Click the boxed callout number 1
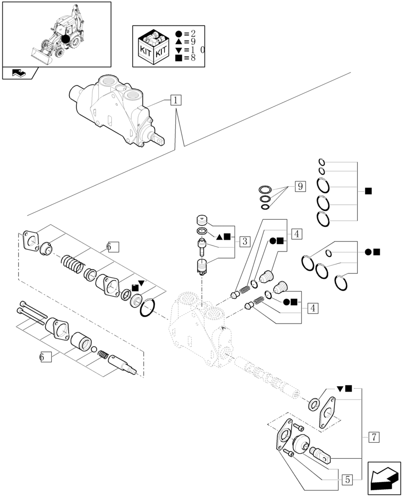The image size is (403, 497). [176, 100]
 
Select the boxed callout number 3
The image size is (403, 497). [244, 242]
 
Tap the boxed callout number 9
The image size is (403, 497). [300, 186]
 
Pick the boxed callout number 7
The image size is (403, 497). [374, 437]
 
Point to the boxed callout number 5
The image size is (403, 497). [347, 480]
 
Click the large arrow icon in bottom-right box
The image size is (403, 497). [384, 478]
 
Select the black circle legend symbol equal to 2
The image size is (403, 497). [179, 34]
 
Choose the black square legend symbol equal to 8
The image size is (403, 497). [179, 58]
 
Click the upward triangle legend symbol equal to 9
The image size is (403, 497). [179, 42]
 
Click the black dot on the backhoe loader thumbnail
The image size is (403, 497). [65, 39]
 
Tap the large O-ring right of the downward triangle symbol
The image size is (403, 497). [147, 307]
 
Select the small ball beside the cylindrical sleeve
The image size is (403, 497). [94, 349]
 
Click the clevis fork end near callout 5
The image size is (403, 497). [320, 454]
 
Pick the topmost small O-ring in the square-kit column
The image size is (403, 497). [322, 163]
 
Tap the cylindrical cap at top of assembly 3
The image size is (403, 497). [202, 220]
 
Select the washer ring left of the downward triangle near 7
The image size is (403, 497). [314, 405]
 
